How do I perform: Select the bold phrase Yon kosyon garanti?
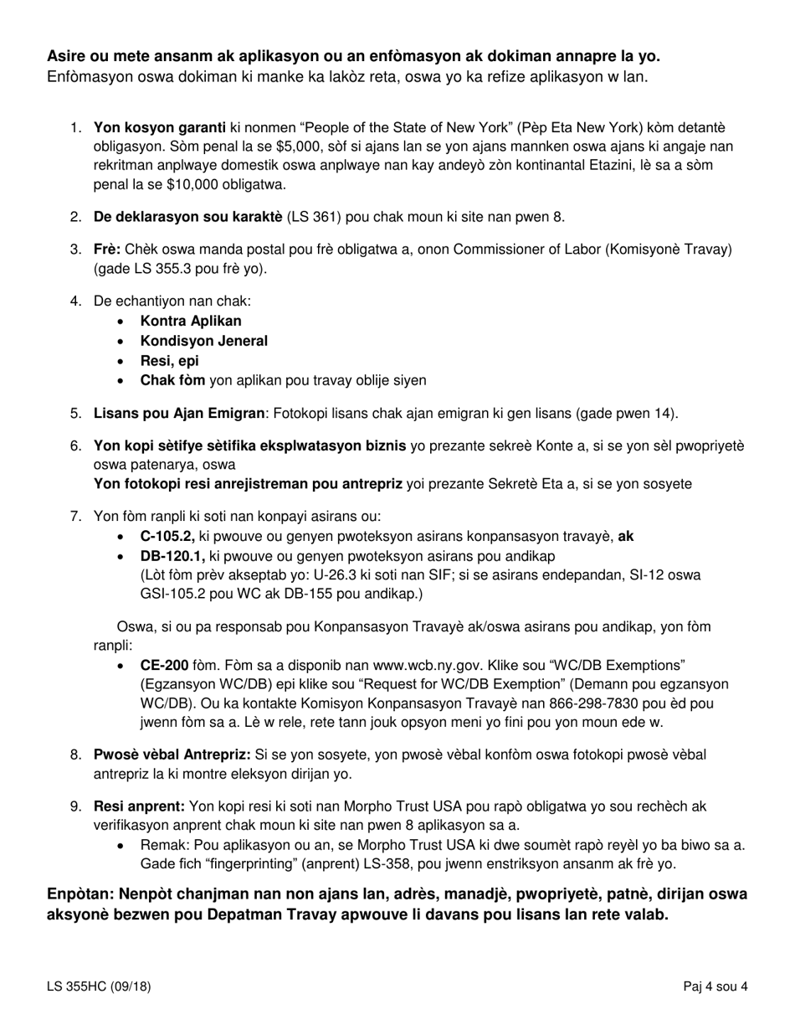tap(159, 128)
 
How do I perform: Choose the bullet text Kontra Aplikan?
tap(191, 321)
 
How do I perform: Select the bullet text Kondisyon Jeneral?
tap(204, 341)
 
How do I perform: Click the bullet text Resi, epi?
tap(170, 361)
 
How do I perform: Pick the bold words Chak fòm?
tap(172, 381)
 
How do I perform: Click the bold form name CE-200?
tap(164, 665)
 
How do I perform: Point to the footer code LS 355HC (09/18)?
tap(99, 986)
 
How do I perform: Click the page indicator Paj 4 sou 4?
tap(715, 986)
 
